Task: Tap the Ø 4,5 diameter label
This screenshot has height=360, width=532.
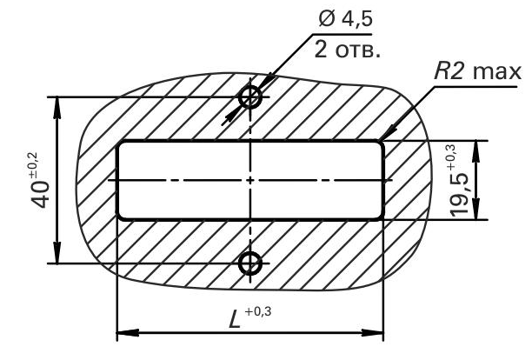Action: (346, 18)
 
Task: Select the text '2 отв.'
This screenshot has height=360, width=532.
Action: (347, 50)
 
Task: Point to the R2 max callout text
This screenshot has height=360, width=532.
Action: (477, 71)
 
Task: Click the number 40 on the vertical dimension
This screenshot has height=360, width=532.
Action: (41, 194)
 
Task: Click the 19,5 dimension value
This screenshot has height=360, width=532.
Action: (459, 197)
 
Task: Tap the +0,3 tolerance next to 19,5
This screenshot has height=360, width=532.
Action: (451, 157)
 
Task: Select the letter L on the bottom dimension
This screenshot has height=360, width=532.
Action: (235, 320)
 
